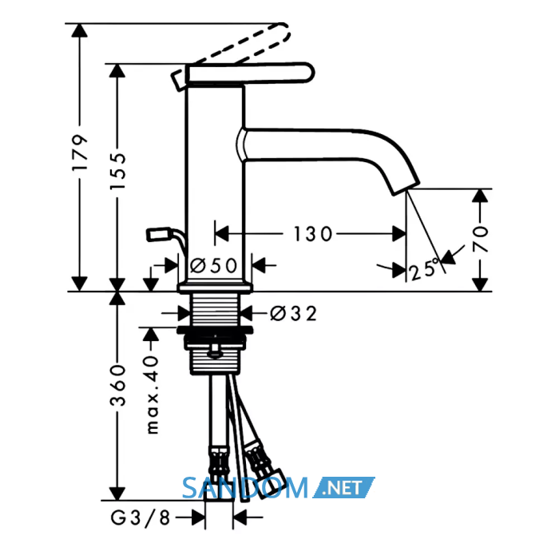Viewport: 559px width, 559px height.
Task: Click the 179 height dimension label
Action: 80,153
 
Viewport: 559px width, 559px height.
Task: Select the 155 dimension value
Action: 117,171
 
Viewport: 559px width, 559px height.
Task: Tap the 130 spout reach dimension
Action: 313,234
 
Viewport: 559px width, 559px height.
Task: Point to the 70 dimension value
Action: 480,239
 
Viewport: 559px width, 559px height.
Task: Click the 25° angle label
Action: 424,269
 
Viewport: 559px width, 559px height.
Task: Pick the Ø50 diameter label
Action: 213,265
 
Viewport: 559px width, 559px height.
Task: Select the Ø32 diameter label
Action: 293,314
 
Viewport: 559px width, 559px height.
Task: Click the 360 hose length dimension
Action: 117,385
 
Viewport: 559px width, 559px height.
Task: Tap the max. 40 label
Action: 153,394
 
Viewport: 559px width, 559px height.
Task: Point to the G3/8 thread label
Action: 140,517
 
